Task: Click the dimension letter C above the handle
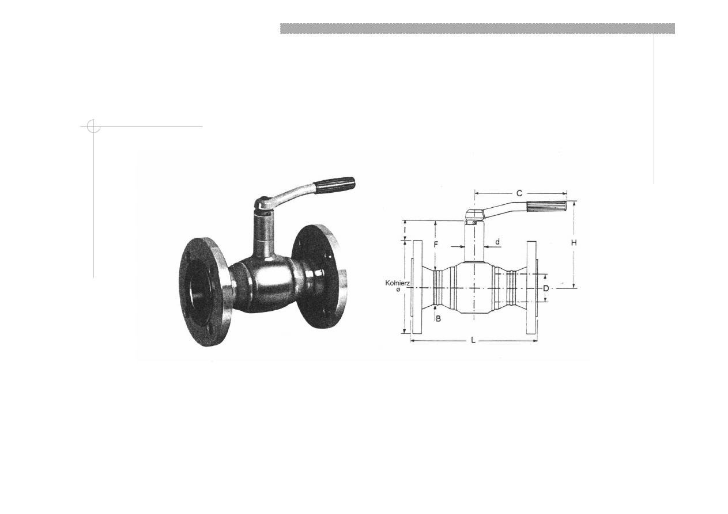[x=519, y=193]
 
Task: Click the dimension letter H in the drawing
[x=574, y=243]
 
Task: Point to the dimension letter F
[x=436, y=245]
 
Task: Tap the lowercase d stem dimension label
[x=497, y=242]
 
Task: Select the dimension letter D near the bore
[x=546, y=288]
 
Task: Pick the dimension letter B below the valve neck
[x=438, y=319]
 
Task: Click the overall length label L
[x=473, y=340]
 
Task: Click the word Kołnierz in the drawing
[x=398, y=283]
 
